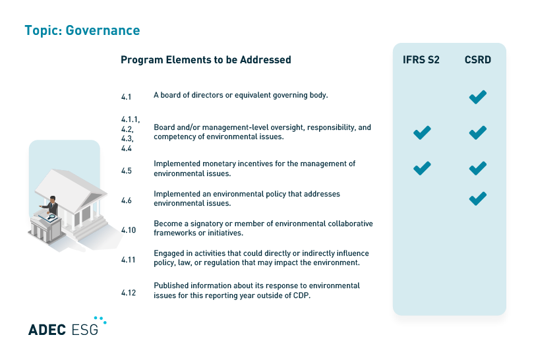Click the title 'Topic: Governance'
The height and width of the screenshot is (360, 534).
point(82,30)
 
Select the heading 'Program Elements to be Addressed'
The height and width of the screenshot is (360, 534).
point(206,60)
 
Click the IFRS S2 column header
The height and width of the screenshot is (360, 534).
point(421,60)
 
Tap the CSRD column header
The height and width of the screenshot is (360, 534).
point(477,60)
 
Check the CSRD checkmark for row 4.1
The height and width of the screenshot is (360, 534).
point(478,98)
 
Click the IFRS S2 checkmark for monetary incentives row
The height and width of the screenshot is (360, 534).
point(422,168)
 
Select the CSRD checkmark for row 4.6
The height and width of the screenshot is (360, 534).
point(478,198)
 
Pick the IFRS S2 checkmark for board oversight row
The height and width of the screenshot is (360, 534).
point(422,133)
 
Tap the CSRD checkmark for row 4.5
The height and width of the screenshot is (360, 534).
point(478,168)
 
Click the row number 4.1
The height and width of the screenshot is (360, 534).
point(127,97)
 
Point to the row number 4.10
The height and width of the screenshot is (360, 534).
point(129,230)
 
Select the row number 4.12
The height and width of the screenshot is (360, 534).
point(129,293)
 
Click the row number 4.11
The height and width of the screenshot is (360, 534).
point(129,260)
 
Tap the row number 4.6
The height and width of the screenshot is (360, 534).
point(127,200)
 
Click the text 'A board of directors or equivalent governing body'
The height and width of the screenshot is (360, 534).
point(241,95)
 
